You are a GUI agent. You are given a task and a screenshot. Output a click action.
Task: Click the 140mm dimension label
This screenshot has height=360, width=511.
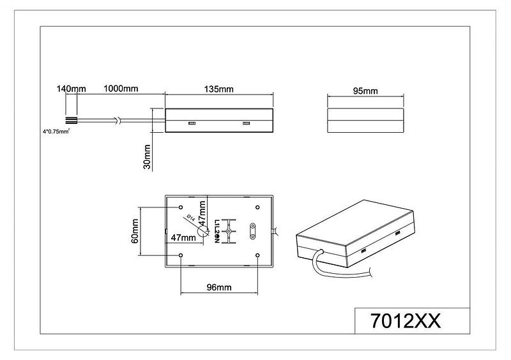coord(71,89)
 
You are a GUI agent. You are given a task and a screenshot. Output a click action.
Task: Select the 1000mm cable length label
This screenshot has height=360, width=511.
coord(121,89)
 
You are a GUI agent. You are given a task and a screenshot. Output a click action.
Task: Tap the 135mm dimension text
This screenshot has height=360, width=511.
coord(218,89)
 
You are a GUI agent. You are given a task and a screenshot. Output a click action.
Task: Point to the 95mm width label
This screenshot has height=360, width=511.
coord(365,91)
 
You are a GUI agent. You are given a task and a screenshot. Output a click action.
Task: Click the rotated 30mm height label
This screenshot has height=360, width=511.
coord(147,157)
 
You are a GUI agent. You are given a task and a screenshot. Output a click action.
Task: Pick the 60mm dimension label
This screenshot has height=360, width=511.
coord(135,231)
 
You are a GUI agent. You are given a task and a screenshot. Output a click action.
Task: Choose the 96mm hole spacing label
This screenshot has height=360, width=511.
coord(219,287)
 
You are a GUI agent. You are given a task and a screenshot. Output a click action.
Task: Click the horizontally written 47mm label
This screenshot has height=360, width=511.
coord(183,237)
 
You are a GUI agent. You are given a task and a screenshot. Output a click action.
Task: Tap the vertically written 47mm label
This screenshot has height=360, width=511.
coord(202,213)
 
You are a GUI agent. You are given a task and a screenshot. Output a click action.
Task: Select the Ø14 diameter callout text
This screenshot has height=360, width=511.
coord(190,218)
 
